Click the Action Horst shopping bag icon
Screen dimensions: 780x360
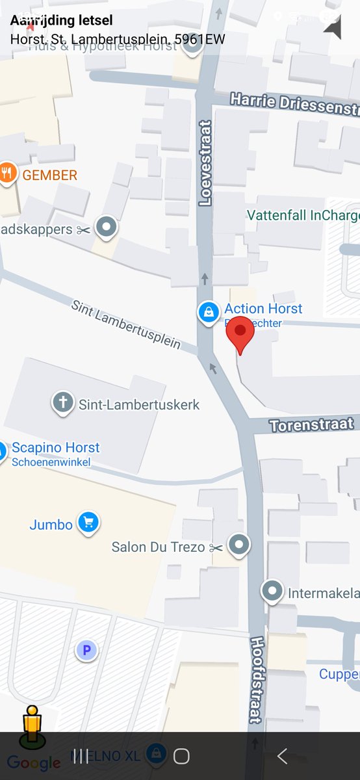coord(208,312)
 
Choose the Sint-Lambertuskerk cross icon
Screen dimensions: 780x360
coord(63,404)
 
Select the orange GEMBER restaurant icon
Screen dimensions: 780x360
coord(8,174)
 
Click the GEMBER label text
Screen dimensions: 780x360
coord(50,175)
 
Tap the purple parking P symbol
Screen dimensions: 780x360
coord(86,649)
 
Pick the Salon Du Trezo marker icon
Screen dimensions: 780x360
coord(240,545)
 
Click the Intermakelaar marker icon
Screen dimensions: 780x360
coord(272,591)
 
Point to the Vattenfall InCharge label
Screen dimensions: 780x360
coord(303,215)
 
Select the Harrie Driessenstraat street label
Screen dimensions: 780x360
coord(295,103)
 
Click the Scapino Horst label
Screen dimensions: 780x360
coord(56,448)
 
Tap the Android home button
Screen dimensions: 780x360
coord(181,756)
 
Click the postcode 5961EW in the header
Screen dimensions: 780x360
coord(199,39)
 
